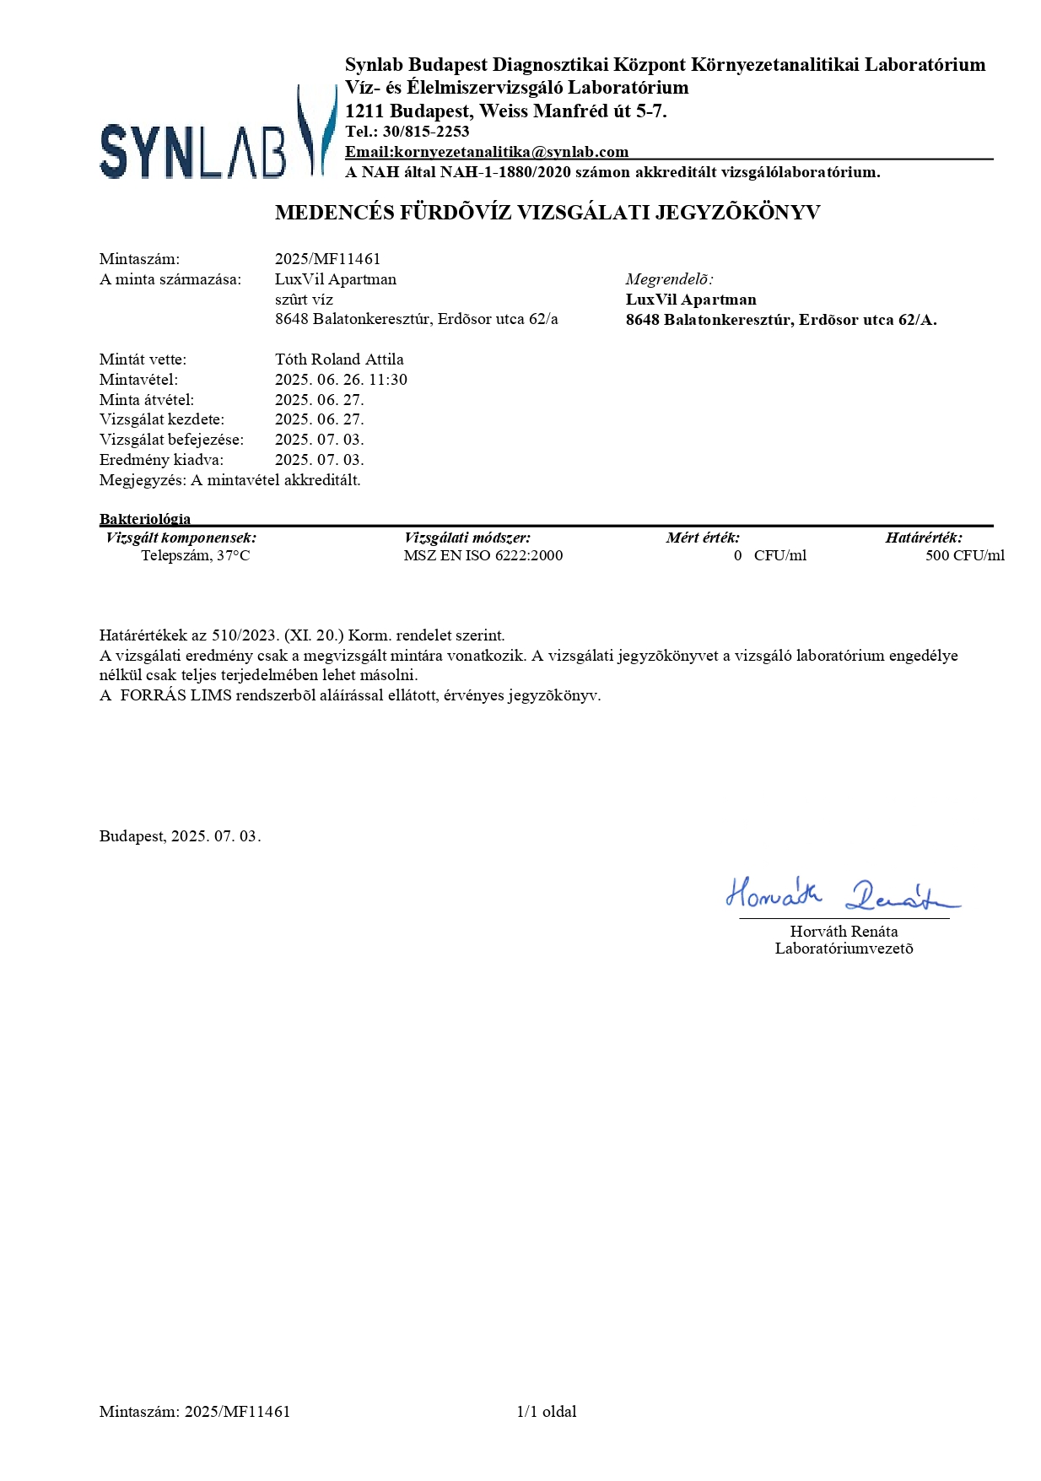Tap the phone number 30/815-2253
click(426, 132)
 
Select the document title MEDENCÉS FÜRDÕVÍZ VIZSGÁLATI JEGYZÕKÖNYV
click(547, 213)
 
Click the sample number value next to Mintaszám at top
click(327, 259)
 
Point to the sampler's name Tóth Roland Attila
click(339, 359)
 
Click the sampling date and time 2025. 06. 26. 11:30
click(341, 380)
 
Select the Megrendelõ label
click(669, 279)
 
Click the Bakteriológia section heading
click(145, 519)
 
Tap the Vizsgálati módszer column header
click(467, 538)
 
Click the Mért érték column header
click(703, 538)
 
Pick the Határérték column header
click(924, 538)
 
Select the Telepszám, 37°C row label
click(196, 555)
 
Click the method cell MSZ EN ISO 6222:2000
click(483, 555)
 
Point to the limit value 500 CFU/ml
click(965, 555)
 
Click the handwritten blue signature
click(841, 894)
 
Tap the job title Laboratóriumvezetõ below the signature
click(844, 949)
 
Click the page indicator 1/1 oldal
click(547, 1411)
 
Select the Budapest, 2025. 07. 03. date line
click(180, 836)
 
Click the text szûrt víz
click(304, 300)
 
